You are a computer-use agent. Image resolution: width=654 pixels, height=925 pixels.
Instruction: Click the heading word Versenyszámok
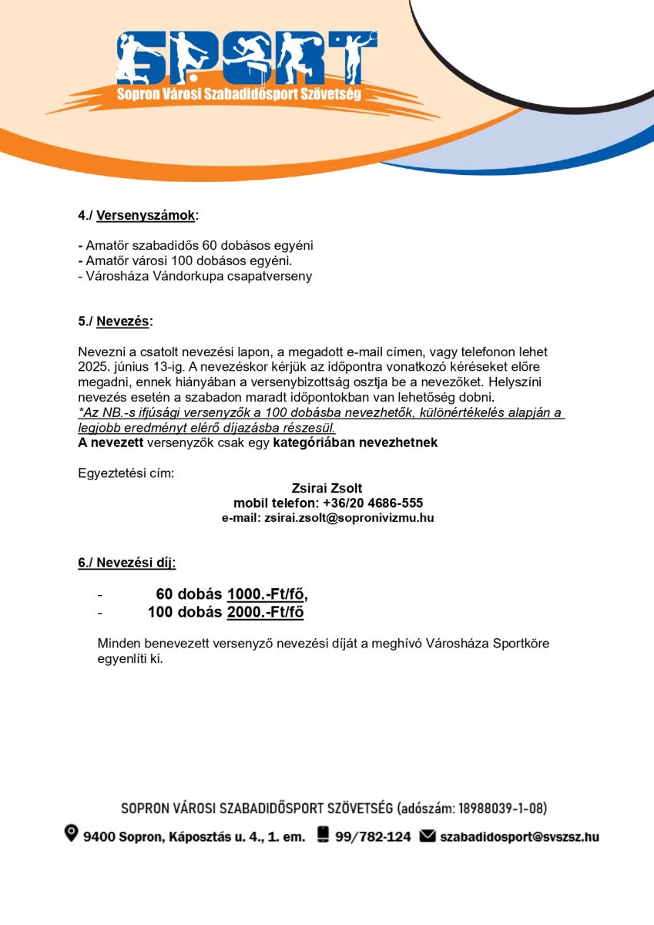(x=146, y=215)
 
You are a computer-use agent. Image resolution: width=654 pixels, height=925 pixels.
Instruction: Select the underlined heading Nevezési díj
(x=126, y=563)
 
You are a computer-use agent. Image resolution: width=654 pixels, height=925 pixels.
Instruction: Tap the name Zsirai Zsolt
(x=327, y=488)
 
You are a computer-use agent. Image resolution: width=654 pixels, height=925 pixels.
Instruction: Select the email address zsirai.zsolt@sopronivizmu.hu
(x=349, y=518)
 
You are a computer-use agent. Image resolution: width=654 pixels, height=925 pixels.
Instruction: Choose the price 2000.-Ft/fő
(x=265, y=613)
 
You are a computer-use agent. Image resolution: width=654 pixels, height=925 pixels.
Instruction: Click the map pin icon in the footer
(x=72, y=834)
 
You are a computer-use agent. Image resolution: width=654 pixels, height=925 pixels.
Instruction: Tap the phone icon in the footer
(x=323, y=835)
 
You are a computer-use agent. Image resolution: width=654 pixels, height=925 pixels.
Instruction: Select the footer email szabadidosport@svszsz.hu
(x=519, y=836)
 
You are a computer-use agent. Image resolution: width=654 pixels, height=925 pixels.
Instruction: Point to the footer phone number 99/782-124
(x=373, y=836)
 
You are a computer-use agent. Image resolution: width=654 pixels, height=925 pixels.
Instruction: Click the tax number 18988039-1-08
(x=501, y=809)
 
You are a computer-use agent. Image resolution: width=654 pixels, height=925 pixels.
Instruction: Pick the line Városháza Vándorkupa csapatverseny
(x=196, y=276)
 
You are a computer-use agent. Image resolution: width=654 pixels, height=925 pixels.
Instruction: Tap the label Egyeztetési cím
(x=126, y=473)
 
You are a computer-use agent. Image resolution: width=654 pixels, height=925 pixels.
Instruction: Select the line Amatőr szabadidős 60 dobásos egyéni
(x=196, y=245)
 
